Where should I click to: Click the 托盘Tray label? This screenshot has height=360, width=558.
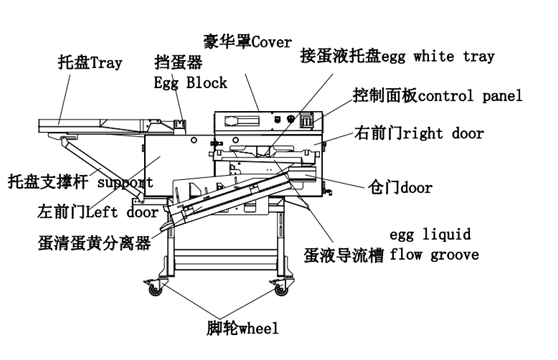coord(90,63)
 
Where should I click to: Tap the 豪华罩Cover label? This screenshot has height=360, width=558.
coord(247,42)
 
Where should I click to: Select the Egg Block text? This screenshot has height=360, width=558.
coord(190,83)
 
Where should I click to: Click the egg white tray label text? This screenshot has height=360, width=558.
coord(438,57)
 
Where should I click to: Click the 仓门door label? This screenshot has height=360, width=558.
coord(400,187)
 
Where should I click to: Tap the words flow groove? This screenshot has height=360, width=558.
coord(434,255)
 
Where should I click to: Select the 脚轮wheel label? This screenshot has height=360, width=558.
coord(243,328)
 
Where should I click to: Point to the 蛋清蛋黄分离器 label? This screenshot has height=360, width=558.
coord(94,243)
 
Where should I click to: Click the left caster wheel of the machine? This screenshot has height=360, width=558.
coord(156,288)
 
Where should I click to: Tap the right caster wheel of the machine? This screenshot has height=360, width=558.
coord(281,288)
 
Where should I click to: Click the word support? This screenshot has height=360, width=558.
coord(125,182)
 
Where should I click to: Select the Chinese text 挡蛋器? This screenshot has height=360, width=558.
coord(179,62)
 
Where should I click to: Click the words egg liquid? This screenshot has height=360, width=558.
coord(430,234)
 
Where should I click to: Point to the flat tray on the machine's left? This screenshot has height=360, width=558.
coord(96,126)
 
